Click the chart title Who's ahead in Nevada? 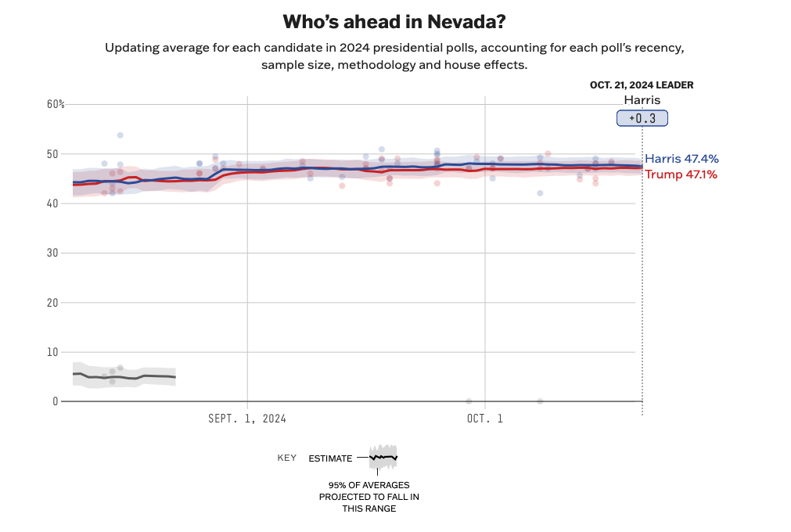[x=395, y=21]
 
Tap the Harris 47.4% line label [x=681, y=159]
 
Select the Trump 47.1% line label [x=681, y=174]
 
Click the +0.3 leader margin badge [x=642, y=118]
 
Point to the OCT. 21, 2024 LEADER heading [x=642, y=85]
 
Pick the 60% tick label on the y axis [x=56, y=104]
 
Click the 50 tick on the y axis [x=53, y=154]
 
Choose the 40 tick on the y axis [x=53, y=203]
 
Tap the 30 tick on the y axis [x=53, y=253]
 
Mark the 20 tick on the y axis [x=53, y=302]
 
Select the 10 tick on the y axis [x=53, y=352]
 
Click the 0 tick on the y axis [x=56, y=401]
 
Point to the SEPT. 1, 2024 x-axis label [x=247, y=419]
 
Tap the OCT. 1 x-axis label [x=485, y=419]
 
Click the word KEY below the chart [x=287, y=458]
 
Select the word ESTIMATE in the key [x=330, y=458]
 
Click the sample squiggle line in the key [x=383, y=457]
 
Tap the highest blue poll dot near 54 [x=120, y=135]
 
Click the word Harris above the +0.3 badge [x=642, y=100]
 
